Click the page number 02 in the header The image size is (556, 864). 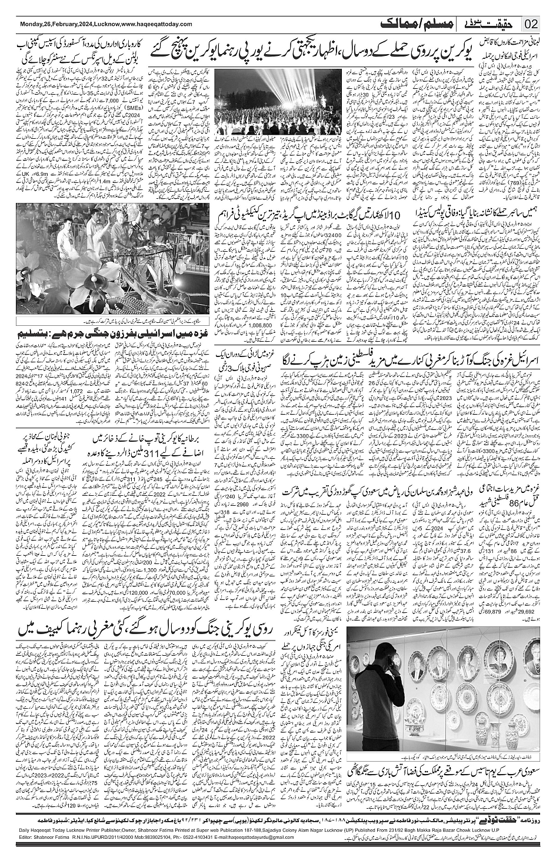tap(531, 24)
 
